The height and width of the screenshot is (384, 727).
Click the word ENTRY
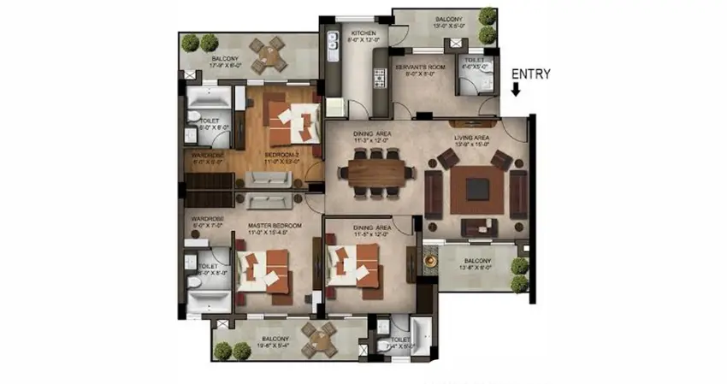pos(531,74)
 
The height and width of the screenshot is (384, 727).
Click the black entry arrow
pos(517,88)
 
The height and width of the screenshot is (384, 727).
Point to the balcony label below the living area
pos(477,261)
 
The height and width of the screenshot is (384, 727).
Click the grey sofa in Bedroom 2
pos(268,179)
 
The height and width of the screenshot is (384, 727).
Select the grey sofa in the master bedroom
pos(269,202)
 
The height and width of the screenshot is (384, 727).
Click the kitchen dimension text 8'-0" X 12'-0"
pos(362,40)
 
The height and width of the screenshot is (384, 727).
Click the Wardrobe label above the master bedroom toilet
pos(208,219)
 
